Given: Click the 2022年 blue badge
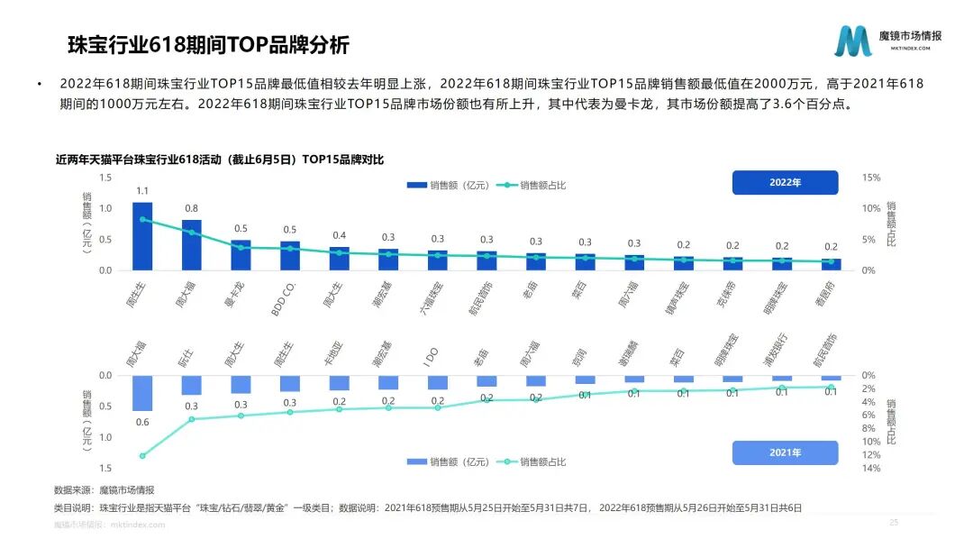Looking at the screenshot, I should tap(785, 182).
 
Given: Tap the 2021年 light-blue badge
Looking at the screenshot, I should tap(785, 452).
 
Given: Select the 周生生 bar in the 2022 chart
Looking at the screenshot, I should tap(142, 236).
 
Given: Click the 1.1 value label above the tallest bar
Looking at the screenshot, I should tap(142, 191).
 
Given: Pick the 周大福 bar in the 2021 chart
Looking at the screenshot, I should tap(142, 393).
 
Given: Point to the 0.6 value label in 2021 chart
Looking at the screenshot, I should tap(142, 422).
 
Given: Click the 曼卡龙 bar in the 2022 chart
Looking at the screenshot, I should tap(241, 255).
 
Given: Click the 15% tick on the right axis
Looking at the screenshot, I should tap(871, 178).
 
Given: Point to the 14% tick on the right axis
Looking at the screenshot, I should tap(870, 468).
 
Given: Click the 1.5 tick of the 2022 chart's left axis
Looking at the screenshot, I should tap(106, 178).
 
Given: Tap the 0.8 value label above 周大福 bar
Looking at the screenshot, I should tap(191, 209).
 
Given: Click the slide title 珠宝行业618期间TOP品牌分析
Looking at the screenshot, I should tap(208, 45).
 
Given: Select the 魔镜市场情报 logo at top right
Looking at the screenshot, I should tap(888, 41).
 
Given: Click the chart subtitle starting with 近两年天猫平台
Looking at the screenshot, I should tap(220, 160).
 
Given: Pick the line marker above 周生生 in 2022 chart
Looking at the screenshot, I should tap(142, 219).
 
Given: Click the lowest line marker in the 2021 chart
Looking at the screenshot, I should tap(142, 456).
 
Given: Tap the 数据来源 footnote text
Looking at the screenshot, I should tap(105, 489).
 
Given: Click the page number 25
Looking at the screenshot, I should tap(894, 523).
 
